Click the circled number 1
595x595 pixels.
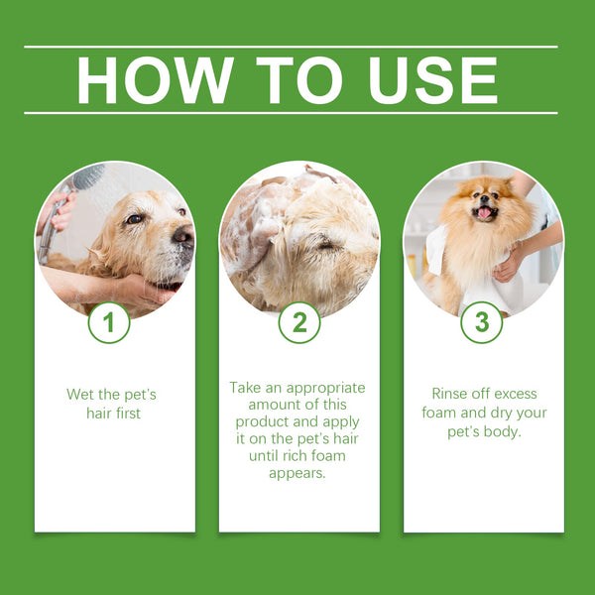[x=109, y=322]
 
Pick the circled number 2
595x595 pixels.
[x=299, y=322]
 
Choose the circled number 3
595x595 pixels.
[x=482, y=322]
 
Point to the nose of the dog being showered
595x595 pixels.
[x=182, y=234]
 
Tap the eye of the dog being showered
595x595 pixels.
[x=135, y=218]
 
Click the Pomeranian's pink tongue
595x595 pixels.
[x=484, y=212]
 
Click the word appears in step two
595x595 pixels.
[x=298, y=472]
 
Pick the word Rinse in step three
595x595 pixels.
[x=451, y=394]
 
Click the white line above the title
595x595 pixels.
[x=291, y=47]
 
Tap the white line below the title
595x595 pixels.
[x=291, y=113]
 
